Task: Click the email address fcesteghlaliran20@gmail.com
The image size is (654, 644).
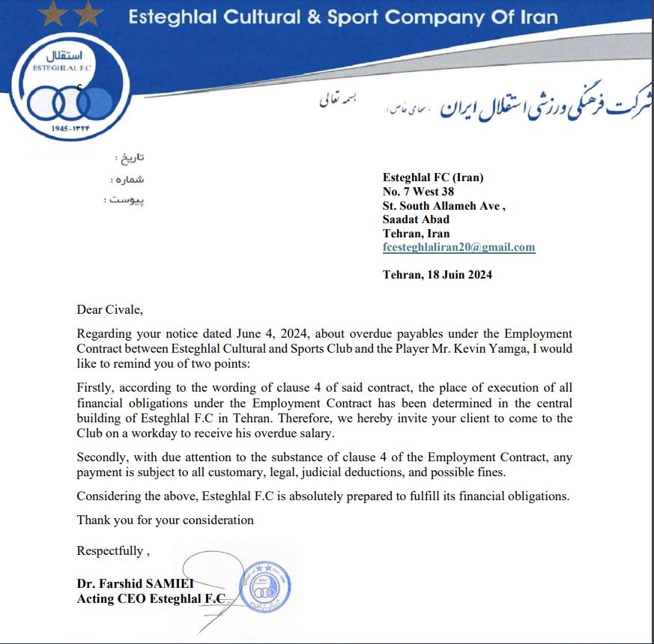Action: tap(458, 247)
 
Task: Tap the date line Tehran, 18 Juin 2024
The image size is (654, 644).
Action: tap(437, 275)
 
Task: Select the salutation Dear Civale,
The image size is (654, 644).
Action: tap(109, 309)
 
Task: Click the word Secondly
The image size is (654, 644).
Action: tap(103, 457)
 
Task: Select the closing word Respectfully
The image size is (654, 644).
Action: tap(110, 551)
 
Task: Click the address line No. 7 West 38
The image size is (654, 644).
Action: tap(418, 192)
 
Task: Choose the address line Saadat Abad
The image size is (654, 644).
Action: tap(416, 219)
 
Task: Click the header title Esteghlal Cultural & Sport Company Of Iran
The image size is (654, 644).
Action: tap(343, 17)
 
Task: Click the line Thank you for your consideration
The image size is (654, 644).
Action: tap(165, 520)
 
